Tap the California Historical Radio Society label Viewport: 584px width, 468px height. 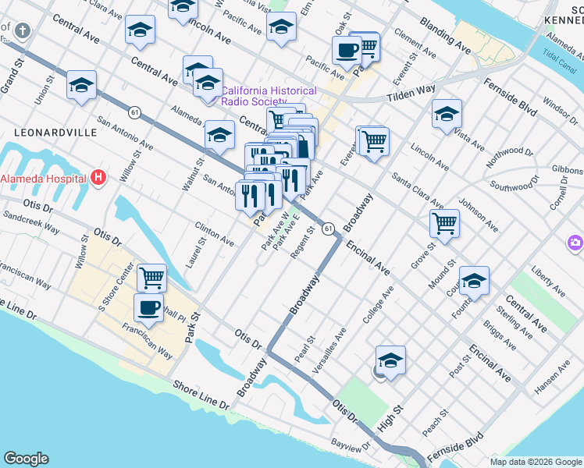[269, 96]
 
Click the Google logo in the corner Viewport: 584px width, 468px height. [26, 459]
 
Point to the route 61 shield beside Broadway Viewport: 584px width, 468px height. [329, 227]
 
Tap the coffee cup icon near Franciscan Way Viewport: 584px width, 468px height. [148, 307]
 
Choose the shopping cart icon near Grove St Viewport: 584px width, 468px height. [444, 223]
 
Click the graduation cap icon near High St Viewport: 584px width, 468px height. [390, 360]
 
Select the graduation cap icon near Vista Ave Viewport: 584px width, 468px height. [447, 114]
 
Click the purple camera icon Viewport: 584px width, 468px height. [576, 243]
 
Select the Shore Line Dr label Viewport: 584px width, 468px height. [201, 395]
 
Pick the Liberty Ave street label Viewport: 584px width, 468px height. [547, 281]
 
